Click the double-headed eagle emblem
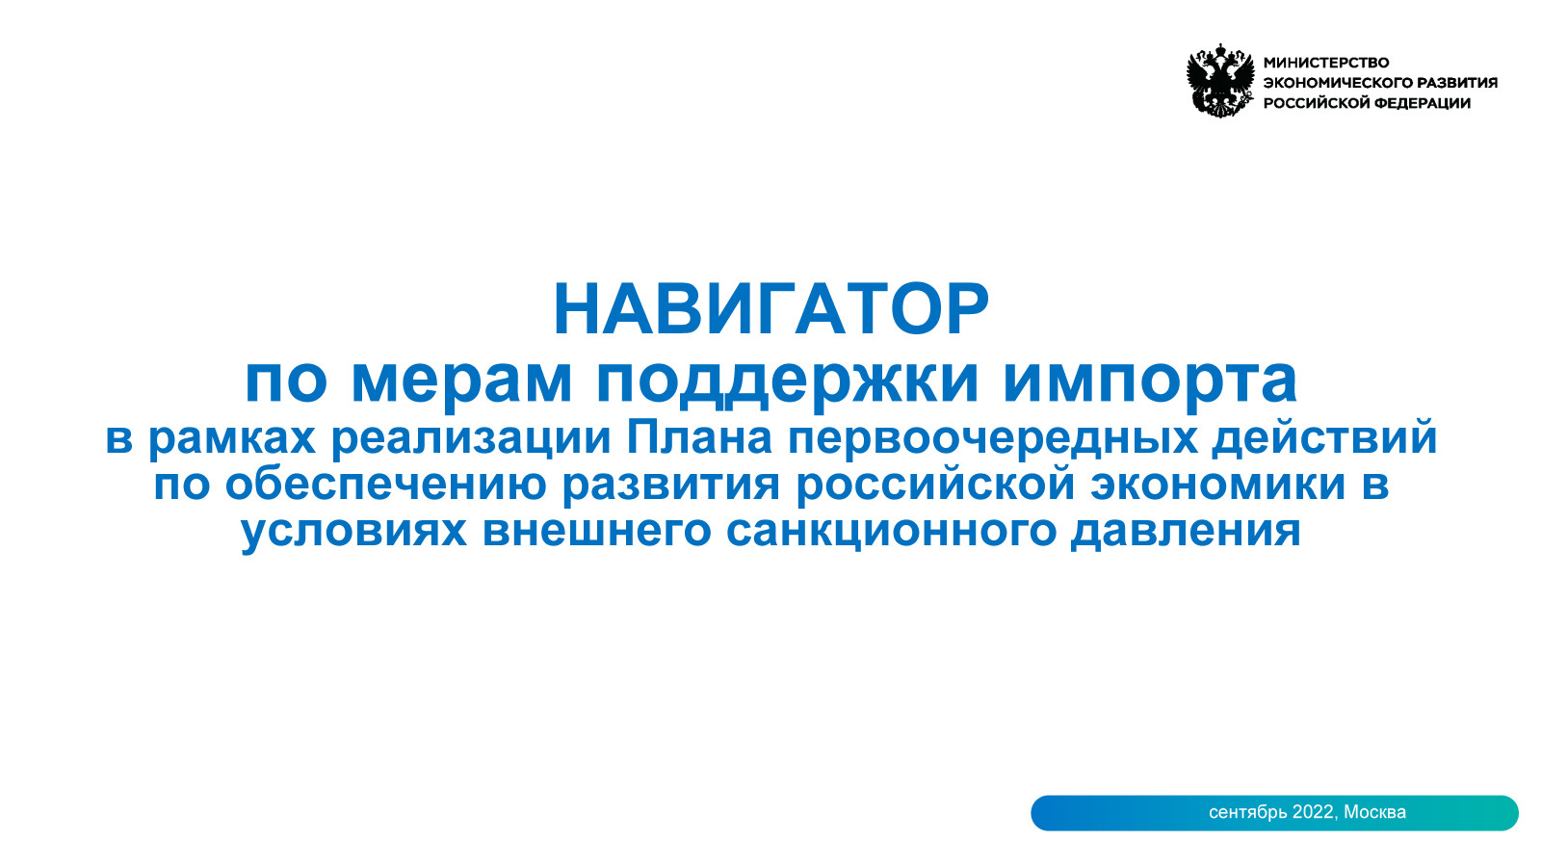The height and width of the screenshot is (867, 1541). coord(1219,81)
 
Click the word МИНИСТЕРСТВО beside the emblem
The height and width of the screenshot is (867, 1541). coord(1326,63)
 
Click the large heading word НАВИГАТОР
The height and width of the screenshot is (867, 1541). coord(771,309)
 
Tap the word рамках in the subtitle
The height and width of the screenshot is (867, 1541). coord(232,438)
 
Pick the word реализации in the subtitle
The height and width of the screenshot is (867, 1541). coord(471,438)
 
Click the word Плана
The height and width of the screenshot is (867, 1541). coord(699,436)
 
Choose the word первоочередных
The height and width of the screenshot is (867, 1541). coord(992,438)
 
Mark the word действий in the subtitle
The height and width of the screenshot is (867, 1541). coord(1324,436)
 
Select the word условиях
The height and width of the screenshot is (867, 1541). coord(353,531)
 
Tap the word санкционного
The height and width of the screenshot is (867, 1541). coord(891,531)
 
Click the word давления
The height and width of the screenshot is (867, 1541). coord(1186,531)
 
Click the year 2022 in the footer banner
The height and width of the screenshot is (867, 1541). coord(1314,813)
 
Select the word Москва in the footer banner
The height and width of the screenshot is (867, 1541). coord(1374,813)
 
